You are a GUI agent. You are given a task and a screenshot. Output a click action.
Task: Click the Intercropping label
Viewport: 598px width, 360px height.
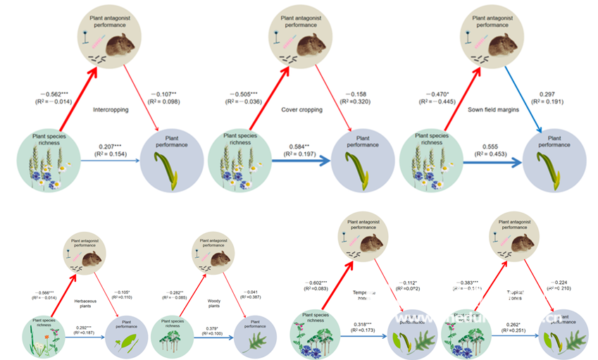point(110,110)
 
